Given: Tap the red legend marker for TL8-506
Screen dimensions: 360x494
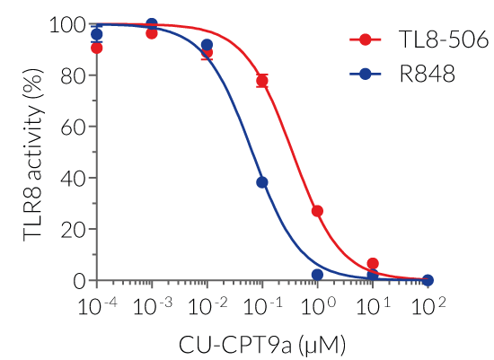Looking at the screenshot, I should coord(365,40).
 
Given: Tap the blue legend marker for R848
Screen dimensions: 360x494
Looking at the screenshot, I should coord(365,75).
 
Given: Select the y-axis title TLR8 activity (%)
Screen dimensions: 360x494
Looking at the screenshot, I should coord(33,153).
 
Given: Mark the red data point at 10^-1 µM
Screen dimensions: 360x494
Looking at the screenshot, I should coord(262,81).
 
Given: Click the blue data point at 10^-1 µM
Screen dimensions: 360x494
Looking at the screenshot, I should coord(262,182).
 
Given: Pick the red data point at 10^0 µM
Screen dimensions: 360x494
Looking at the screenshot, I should coord(317,211).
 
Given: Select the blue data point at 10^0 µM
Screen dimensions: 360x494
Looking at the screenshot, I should coord(317,275).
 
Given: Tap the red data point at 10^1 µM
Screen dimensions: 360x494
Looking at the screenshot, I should coord(373,264).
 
